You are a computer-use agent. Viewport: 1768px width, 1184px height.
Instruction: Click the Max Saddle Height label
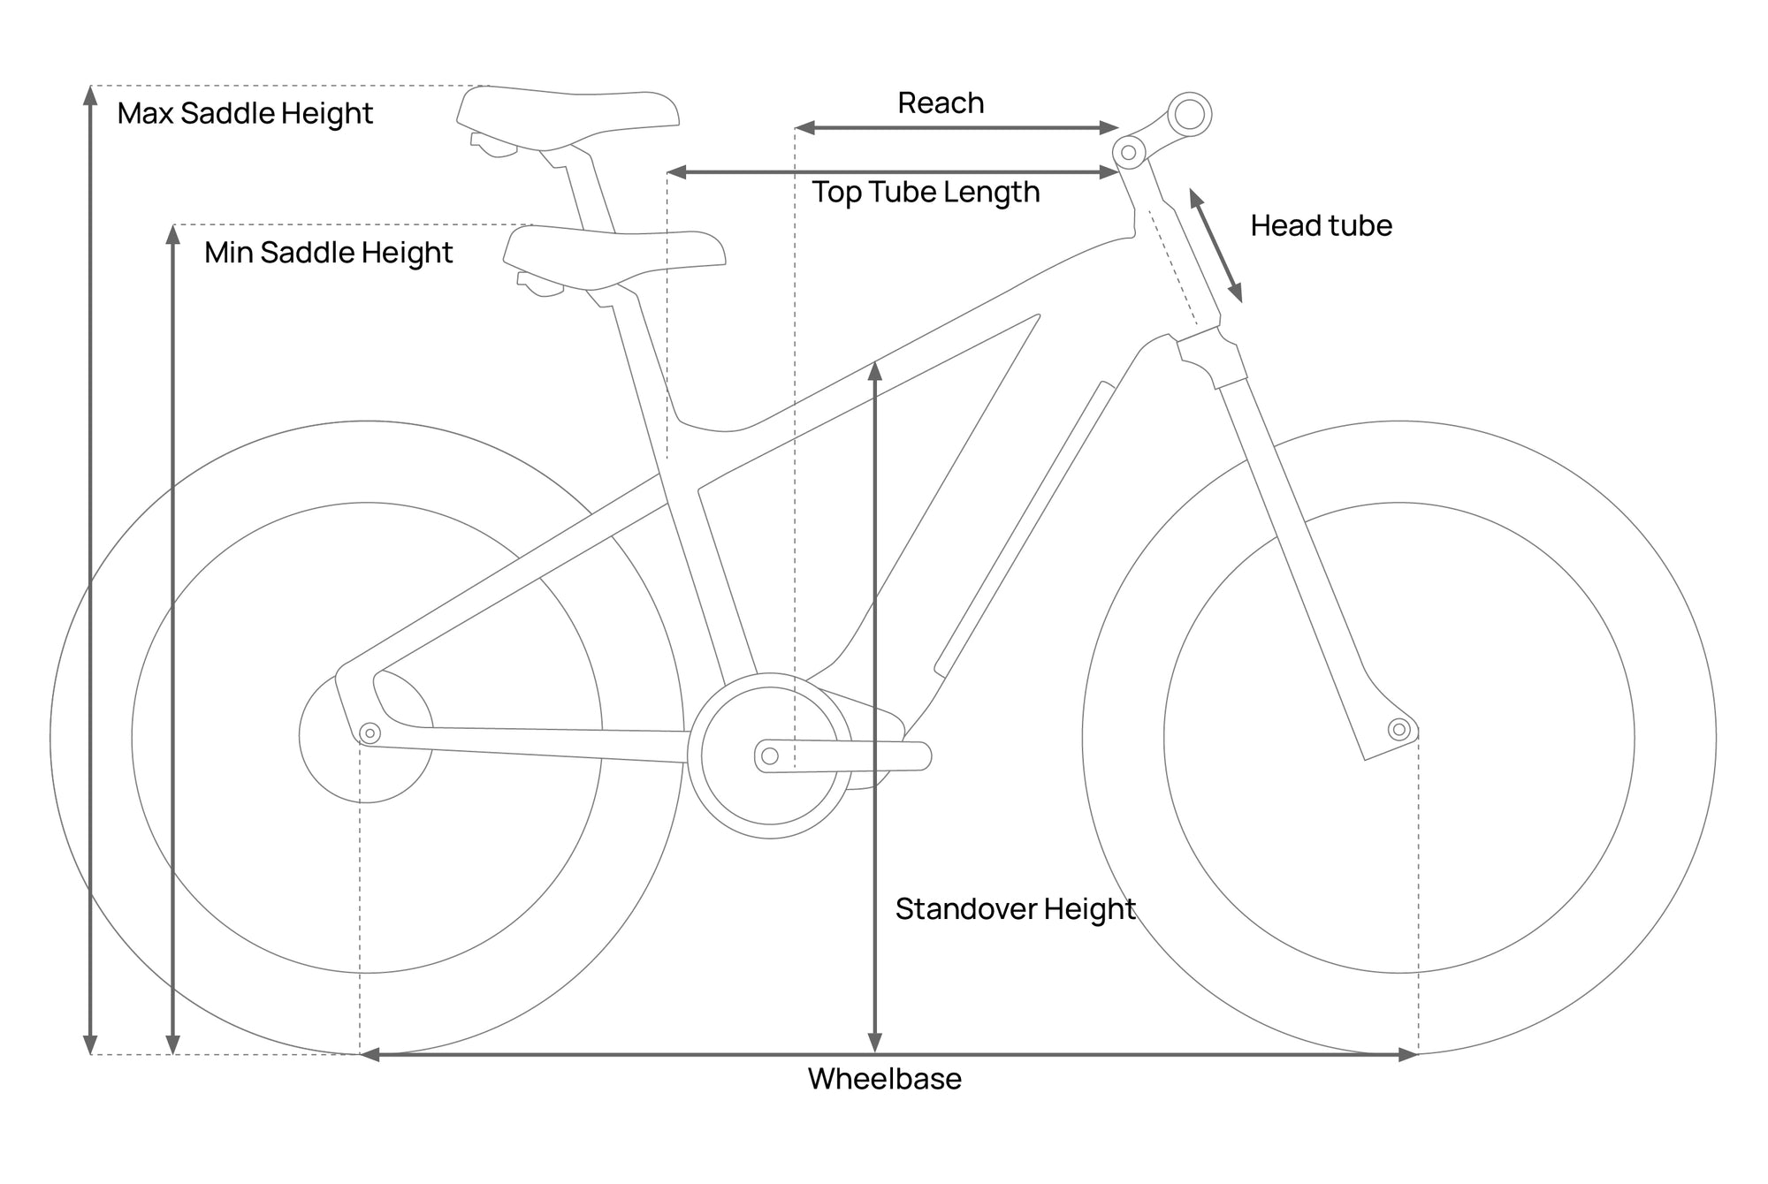[x=245, y=114]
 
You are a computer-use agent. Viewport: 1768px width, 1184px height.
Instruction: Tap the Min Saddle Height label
[x=328, y=254]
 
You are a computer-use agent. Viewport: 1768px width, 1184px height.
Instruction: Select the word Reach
[x=941, y=103]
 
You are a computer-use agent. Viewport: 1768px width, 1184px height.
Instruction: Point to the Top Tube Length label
[x=926, y=193]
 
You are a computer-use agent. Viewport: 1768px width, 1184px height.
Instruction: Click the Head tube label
[x=1321, y=226]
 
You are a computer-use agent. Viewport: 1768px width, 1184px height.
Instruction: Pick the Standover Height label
[x=1015, y=909]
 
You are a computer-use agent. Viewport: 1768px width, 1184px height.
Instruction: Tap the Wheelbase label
[x=884, y=1079]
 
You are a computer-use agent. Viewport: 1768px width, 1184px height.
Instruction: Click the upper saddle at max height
[x=568, y=119]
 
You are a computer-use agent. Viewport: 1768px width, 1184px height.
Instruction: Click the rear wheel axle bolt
[x=370, y=733]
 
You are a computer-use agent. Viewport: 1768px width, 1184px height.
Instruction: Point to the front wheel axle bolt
[x=1398, y=729]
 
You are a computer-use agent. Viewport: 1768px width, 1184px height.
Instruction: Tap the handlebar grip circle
[x=1189, y=114]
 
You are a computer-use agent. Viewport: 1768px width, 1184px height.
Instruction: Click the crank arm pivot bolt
[x=770, y=756]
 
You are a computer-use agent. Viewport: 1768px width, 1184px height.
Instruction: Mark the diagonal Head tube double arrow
[x=1215, y=246]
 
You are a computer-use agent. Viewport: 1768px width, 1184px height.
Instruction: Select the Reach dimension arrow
[x=957, y=128]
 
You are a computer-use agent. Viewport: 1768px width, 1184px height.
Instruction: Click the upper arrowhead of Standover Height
[x=875, y=371]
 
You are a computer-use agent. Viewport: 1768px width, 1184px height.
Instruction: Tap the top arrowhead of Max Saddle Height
[x=90, y=96]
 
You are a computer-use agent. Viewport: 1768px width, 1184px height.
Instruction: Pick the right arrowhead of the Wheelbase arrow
[x=1407, y=1054]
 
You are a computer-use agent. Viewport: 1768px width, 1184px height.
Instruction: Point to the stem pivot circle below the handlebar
[x=1129, y=153]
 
